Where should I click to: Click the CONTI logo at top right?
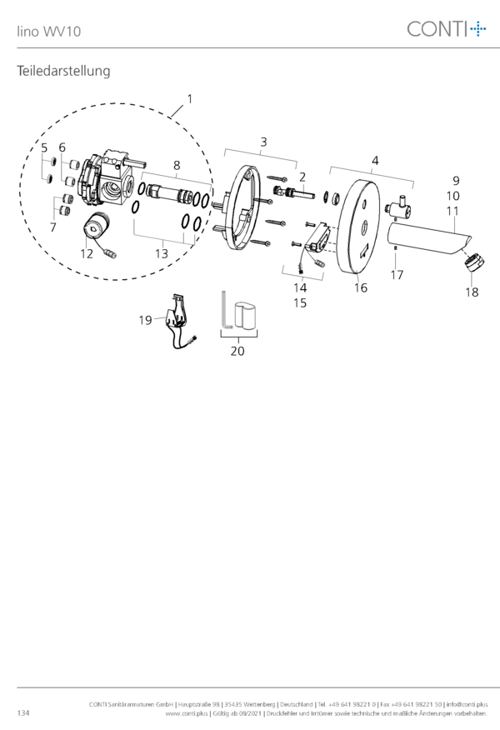(x=447, y=29)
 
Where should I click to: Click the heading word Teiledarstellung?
(x=64, y=71)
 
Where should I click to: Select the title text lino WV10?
(x=49, y=32)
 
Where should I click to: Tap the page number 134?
(x=23, y=713)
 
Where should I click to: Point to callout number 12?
(x=87, y=253)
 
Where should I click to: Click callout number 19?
(x=145, y=320)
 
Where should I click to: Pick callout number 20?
(x=237, y=351)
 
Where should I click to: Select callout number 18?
(x=472, y=292)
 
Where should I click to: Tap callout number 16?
(x=361, y=287)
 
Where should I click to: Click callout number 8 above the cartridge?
(x=177, y=165)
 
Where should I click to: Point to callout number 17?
(x=397, y=275)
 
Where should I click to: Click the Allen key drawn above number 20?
(x=225, y=310)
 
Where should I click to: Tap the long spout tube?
(x=427, y=237)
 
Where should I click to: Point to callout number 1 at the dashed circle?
(x=189, y=99)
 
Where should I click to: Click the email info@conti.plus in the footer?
(x=467, y=704)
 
